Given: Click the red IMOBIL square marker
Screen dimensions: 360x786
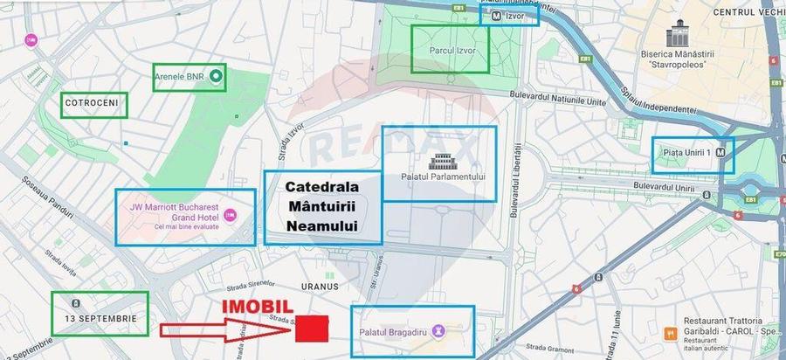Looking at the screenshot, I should pos(312,328).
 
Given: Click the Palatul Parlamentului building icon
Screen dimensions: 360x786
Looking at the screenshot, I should pos(438,161).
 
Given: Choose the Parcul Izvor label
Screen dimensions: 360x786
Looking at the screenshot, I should pos(451,51).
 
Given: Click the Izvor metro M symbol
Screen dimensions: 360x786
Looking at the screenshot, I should pos(497,16).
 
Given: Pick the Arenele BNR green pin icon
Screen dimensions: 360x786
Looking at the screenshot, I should pos(216,78).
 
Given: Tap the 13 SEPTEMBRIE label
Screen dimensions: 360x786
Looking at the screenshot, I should pos(100,318).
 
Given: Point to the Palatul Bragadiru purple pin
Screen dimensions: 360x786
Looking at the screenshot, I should pos(438,331).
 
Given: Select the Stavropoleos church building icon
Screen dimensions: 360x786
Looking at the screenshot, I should pos(678,37).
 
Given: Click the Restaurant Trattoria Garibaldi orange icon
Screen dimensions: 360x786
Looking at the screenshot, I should pos(670,333).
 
